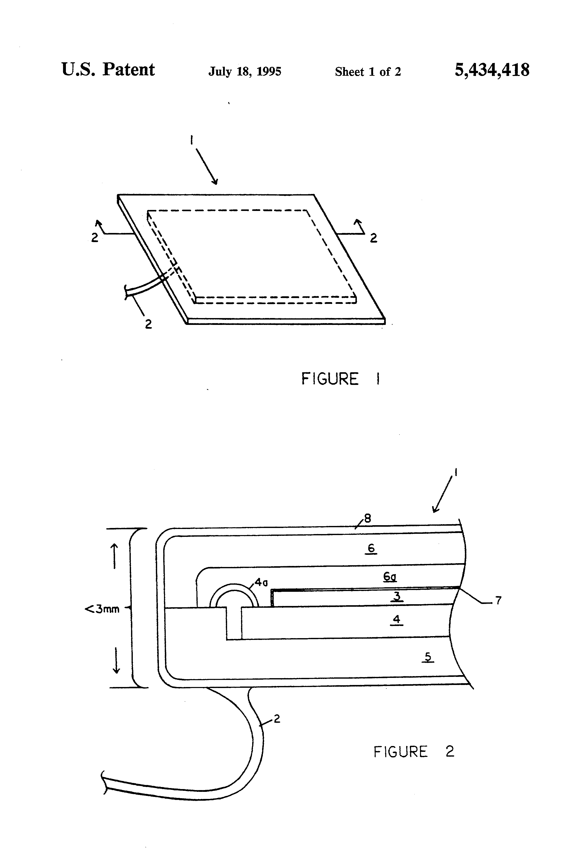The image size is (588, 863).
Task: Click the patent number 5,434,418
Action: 492,70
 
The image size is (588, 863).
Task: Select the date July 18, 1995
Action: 245,71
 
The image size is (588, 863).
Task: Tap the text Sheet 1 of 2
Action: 367,72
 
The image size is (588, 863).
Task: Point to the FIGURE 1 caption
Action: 340,379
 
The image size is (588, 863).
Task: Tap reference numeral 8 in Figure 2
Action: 367,518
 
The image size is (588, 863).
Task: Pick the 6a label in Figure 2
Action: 390,576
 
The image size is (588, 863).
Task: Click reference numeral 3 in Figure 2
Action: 397,596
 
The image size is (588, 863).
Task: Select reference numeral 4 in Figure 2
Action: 397,619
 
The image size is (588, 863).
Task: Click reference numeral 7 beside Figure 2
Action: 499,600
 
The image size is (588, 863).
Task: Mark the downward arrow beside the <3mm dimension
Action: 116,661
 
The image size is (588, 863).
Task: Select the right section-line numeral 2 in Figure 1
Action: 373,238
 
